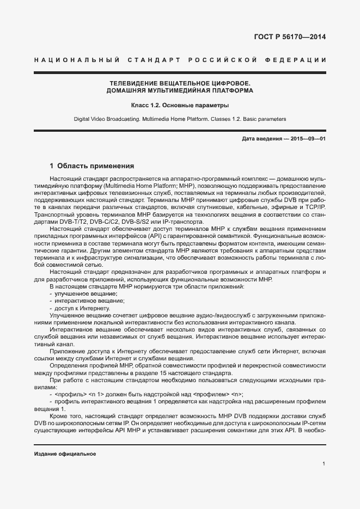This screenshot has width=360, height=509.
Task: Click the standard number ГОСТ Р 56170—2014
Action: point(290,38)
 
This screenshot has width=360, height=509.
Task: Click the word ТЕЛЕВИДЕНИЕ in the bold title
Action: point(135,83)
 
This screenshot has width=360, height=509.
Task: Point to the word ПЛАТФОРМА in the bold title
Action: point(230,90)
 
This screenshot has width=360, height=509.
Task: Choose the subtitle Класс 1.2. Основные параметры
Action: point(180,105)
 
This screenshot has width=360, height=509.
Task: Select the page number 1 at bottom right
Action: point(324,464)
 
